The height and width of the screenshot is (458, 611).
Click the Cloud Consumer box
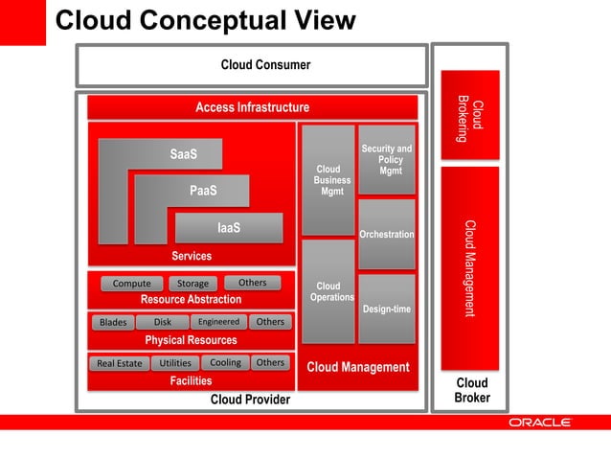tap(251, 65)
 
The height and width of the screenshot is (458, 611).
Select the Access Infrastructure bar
tap(252, 107)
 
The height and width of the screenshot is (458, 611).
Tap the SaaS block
tap(182, 154)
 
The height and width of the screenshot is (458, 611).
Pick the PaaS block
tap(202, 191)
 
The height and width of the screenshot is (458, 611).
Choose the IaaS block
tap(228, 228)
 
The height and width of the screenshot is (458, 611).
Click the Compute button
tap(131, 284)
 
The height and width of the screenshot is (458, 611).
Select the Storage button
tap(192, 284)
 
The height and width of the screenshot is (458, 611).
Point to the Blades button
tap(113, 322)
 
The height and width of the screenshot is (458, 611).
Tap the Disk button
tap(162, 322)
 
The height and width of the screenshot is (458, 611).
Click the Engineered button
tap(218, 322)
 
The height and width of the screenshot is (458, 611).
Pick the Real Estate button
tap(119, 363)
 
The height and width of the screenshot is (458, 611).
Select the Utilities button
tap(175, 363)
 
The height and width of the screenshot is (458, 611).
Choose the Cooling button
tap(225, 363)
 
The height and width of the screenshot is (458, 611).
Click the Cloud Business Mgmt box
tap(328, 180)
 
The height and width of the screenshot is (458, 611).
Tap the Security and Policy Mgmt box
tap(387, 159)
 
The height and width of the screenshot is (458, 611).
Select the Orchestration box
tap(387, 234)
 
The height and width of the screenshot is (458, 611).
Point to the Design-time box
tap(387, 309)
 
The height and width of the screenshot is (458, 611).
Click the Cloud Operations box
tap(328, 291)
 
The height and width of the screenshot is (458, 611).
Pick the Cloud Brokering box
tap(469, 115)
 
